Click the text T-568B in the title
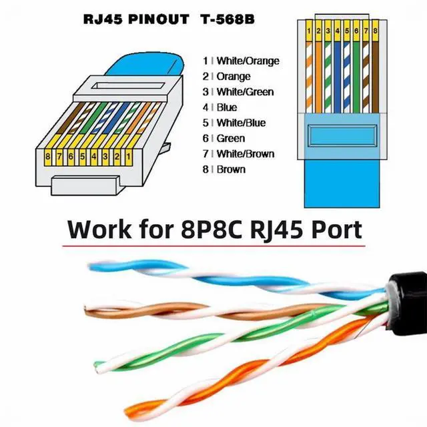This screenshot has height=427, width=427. tap(228, 19)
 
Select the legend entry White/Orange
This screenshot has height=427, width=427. tap(248, 61)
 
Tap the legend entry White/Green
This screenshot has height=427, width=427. tap(245, 92)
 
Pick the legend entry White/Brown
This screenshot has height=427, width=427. tap(246, 154)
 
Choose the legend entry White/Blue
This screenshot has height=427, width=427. tap(241, 123)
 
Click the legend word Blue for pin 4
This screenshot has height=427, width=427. tap(227, 107)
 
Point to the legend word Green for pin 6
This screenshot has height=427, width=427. tap(231, 138)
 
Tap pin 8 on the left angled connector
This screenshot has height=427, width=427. tap(48, 157)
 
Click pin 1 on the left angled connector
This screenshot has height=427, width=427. tap(129, 157)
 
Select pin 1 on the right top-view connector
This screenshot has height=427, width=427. tap(308, 31)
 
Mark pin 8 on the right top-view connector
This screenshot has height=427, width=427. tap(375, 31)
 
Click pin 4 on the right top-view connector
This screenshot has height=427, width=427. tap(337, 31)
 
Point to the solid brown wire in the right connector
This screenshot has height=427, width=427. tap(375, 77)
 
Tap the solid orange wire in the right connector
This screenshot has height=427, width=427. tap(318, 77)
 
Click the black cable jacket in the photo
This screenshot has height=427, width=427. tap(408, 303)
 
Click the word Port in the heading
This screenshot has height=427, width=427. tap(336, 230)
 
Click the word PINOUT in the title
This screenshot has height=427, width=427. tap(159, 19)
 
